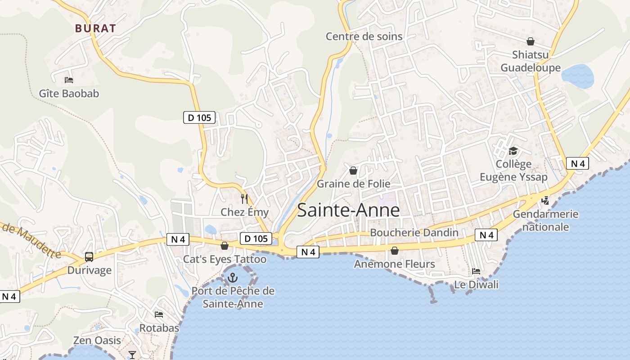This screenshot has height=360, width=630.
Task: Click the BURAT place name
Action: [95, 28]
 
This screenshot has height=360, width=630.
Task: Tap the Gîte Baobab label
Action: [69, 94]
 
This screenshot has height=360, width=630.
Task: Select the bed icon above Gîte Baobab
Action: [69, 80]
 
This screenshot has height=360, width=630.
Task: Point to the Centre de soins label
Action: [364, 36]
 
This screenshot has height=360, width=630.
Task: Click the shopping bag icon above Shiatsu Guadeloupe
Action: [531, 41]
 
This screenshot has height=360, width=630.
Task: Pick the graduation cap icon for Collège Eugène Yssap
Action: [513, 151]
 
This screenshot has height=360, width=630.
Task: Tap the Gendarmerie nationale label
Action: [545, 220]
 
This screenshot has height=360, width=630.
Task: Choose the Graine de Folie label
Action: [354, 184]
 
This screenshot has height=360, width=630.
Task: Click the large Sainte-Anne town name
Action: [349, 210]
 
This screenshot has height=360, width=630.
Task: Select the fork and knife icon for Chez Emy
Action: [244, 198]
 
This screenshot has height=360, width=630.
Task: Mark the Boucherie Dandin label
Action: [414, 233]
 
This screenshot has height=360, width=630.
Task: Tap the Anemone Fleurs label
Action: [395, 264]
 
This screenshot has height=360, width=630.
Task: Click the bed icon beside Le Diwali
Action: [476, 271]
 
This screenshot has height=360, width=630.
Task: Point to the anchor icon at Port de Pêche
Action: [233, 278]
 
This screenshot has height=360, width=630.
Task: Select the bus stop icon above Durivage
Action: [89, 257]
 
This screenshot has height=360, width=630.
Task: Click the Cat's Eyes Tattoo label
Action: [225, 259]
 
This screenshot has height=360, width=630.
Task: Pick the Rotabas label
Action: [159, 328]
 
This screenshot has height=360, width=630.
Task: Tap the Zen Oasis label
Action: [97, 340]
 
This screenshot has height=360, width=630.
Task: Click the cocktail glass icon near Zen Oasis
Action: [132, 355]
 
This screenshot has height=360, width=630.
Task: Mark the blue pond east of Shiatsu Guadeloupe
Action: [578, 75]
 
